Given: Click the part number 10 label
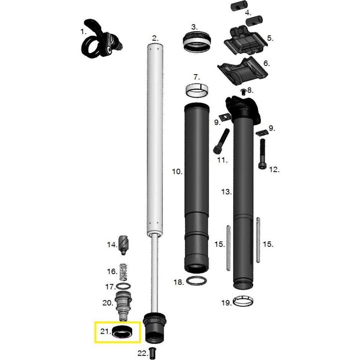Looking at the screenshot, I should pos(177,172).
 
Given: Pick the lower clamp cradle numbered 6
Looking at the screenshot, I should pos(243,71).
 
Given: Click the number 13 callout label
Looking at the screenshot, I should pos(227,191).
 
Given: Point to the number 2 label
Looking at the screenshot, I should pos(155,38).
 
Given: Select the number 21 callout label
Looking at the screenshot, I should pos(105,332).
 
